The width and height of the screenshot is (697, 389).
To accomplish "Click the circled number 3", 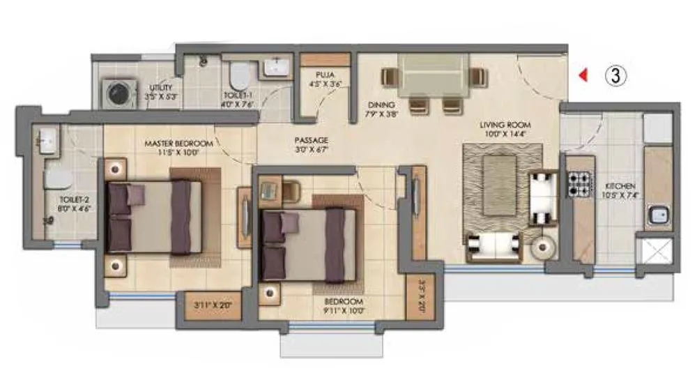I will pyautogui.click(x=614, y=75).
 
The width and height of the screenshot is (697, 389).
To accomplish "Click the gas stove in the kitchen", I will pyautogui.click(x=578, y=185).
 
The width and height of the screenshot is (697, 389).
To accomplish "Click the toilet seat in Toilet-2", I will pyautogui.click(x=54, y=181).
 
